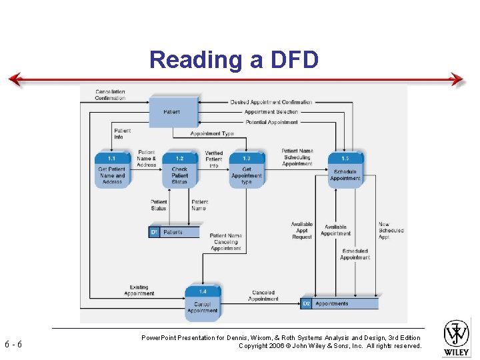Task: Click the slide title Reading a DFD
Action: pyautogui.click(x=234, y=59)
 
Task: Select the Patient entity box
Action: pyautogui.click(x=173, y=112)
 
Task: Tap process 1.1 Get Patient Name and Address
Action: pyautogui.click(x=112, y=170)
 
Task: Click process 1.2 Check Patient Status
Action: pyautogui.click(x=180, y=170)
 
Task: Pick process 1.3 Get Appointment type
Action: pyautogui.click(x=247, y=170)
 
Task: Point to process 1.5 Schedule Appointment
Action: pyautogui.click(x=345, y=170)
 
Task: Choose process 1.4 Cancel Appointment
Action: pyautogui.click(x=203, y=302)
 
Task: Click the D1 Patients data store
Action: pyautogui.click(x=174, y=232)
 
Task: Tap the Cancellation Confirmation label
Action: pyautogui.click(x=110, y=95)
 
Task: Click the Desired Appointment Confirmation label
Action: pyautogui.click(x=271, y=102)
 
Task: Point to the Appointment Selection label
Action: pyautogui.click(x=271, y=112)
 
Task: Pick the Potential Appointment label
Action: pyautogui.click(x=272, y=122)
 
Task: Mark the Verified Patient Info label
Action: pyautogui.click(x=214, y=159)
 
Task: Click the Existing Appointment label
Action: pyautogui.click(x=139, y=291)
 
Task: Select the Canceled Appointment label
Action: pyautogui.click(x=263, y=296)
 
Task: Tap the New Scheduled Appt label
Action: pyautogui.click(x=391, y=231)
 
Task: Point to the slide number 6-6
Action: pyautogui.click(x=13, y=345)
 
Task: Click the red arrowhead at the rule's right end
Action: pyautogui.click(x=457, y=80)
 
